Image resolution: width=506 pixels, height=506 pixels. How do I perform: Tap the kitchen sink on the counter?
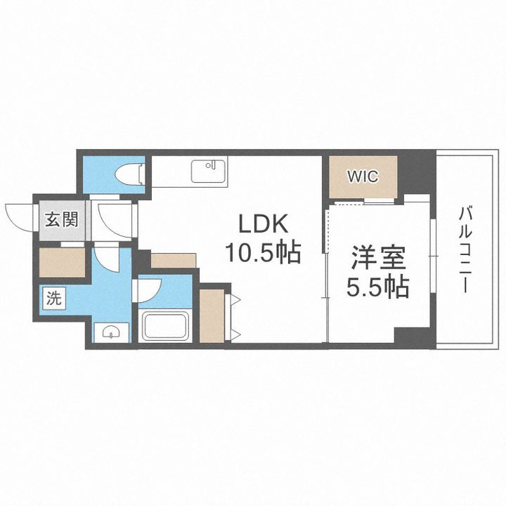(x=208, y=170)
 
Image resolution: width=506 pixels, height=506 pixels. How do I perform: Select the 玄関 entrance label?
(x=61, y=220)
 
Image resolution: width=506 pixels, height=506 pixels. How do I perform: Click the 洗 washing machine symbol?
(x=53, y=297)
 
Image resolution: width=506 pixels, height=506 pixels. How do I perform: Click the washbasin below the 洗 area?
(x=110, y=331)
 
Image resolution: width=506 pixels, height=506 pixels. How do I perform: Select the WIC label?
(x=361, y=176)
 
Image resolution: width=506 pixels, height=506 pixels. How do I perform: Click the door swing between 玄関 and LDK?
(x=112, y=218)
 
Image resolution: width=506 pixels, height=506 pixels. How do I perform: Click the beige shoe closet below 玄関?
(x=60, y=263)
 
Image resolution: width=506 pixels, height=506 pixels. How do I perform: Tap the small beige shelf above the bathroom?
(x=173, y=261)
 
